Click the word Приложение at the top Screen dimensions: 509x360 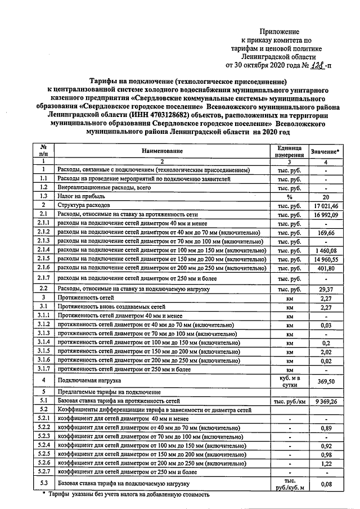point(280,32)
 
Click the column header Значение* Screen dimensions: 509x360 point(325,152)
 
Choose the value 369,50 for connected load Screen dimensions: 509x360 point(325,381)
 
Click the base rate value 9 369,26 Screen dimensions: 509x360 point(325,401)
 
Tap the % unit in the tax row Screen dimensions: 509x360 point(290,197)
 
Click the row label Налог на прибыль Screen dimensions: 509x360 point(80,196)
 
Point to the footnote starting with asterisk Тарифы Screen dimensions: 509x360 point(126,495)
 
